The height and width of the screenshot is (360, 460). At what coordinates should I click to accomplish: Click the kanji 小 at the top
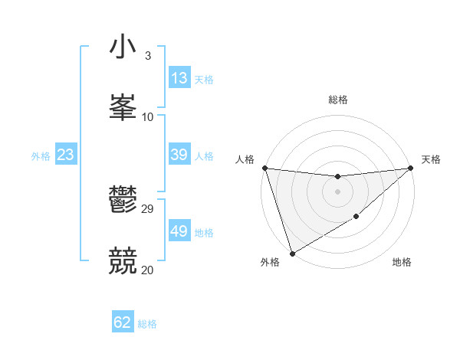point(123,47)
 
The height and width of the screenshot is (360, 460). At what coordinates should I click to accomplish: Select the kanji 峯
point(123,108)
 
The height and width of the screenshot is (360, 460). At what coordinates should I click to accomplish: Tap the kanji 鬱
point(123,201)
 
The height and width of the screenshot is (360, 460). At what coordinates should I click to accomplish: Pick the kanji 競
point(123,261)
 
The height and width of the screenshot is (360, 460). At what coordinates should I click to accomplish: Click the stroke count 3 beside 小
point(147,56)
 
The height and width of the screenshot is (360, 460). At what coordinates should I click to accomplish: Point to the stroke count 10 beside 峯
point(148,116)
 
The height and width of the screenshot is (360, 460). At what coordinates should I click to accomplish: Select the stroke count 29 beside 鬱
point(148,209)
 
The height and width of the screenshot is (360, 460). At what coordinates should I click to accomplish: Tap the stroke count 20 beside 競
point(148,270)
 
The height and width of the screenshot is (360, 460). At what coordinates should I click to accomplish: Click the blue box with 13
point(179,78)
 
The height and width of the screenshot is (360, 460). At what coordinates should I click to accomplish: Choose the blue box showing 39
point(179,155)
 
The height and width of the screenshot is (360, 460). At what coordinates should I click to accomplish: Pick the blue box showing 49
point(179,231)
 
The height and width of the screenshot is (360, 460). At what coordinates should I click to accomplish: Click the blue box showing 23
point(66,155)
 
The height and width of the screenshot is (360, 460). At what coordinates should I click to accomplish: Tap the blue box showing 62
point(123,322)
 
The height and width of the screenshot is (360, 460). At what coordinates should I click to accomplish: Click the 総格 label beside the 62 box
point(147,324)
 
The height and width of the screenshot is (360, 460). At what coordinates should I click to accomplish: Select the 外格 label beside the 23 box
point(41,156)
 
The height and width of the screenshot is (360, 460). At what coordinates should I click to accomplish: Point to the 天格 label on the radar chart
point(431,159)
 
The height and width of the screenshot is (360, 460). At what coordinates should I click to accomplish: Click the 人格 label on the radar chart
point(245,159)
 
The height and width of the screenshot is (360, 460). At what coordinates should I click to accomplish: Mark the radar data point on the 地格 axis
point(356,218)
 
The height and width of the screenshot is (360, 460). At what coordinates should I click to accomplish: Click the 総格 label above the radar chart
point(338,100)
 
